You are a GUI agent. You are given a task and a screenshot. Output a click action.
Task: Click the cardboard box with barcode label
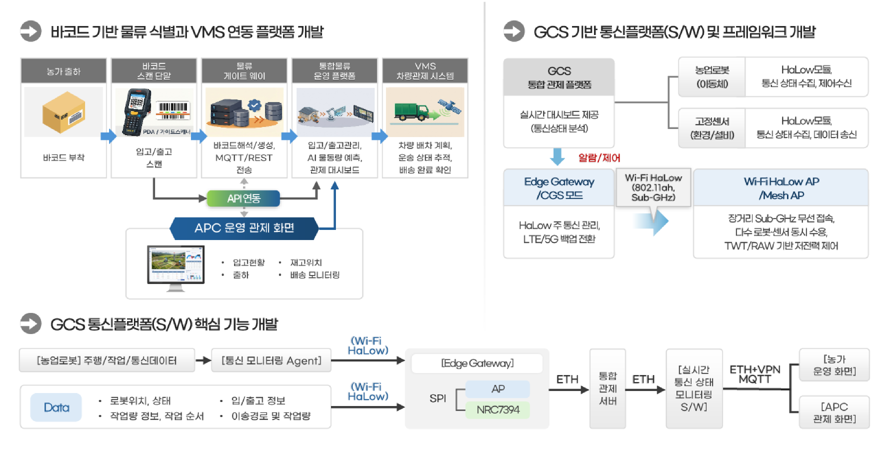(64, 112)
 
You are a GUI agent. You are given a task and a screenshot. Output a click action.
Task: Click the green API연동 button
(244, 198)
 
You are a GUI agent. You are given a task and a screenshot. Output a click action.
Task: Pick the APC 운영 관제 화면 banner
(244, 228)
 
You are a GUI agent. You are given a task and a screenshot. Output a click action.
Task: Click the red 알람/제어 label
(599, 158)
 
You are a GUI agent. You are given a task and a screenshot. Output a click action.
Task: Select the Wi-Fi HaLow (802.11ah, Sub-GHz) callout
(653, 187)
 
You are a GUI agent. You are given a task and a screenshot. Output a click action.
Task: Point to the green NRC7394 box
(498, 410)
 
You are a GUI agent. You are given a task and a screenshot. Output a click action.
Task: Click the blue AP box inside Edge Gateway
(498, 389)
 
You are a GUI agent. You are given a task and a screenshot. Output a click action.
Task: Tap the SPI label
(437, 398)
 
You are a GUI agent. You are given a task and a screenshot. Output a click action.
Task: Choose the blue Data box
(56, 407)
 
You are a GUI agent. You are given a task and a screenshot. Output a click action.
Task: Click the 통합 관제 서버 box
(607, 388)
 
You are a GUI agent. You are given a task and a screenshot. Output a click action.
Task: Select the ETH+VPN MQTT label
(755, 374)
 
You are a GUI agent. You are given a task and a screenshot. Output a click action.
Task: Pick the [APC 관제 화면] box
(834, 412)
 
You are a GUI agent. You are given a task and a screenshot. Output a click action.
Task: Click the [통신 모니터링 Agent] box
(271, 361)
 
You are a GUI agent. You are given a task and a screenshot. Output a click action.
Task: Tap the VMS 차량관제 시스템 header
(425, 71)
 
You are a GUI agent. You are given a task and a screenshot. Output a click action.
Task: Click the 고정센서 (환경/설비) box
(712, 128)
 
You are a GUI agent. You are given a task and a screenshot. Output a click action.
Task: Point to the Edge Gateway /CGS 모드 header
(559, 188)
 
